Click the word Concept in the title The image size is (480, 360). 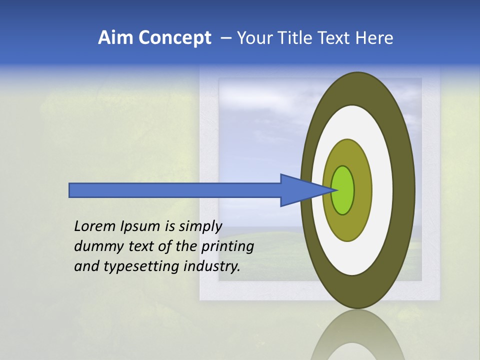(174, 38)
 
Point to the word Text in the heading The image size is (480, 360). (335, 38)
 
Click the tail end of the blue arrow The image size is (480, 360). (70, 190)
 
